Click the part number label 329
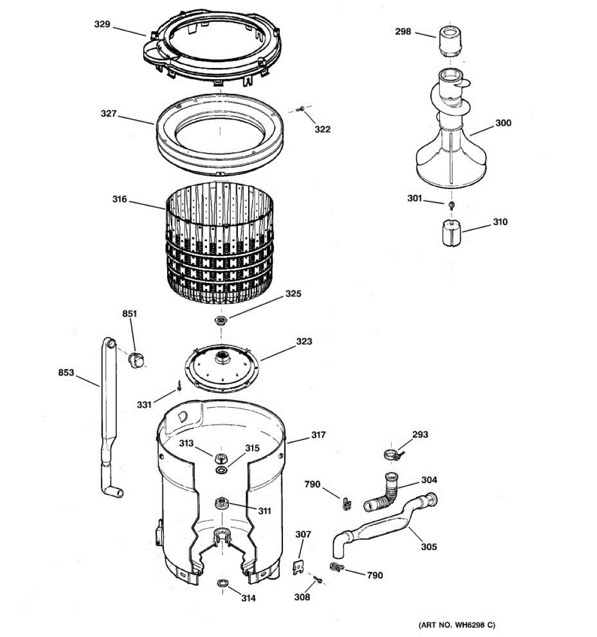coord(102,24)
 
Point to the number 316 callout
coord(119,199)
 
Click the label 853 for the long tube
coord(66,373)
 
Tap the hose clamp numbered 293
coord(392,454)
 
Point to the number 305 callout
coord(429,546)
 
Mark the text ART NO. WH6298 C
coord(457,625)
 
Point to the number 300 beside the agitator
coord(503,123)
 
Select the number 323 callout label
coord(304,341)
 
